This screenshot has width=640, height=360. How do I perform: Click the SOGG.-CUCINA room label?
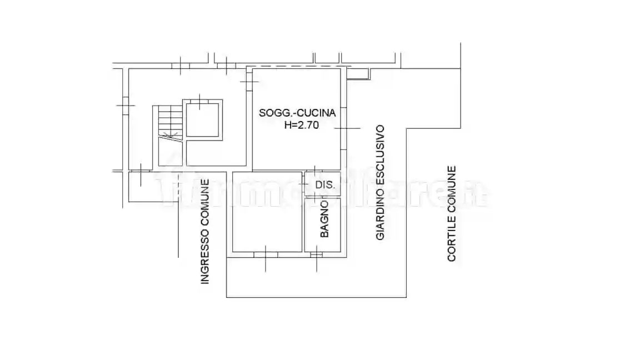[x=297, y=113]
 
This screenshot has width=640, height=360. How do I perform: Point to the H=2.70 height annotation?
[x=301, y=126]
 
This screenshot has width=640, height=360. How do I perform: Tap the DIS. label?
[x=325, y=185]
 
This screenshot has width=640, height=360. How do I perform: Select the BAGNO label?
[x=324, y=219]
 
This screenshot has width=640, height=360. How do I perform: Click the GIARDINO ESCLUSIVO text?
[x=380, y=182]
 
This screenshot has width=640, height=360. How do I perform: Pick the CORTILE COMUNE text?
[x=452, y=213]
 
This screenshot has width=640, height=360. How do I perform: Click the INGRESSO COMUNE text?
[x=205, y=232]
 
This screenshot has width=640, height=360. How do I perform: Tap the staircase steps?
[x=170, y=122]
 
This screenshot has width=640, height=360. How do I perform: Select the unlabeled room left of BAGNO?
[x=267, y=212]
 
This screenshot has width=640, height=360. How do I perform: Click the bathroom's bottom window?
[x=316, y=254]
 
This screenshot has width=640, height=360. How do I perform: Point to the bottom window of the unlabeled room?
[x=266, y=254]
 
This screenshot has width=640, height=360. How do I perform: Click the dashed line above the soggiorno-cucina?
[x=298, y=66]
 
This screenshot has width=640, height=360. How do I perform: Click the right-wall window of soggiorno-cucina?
[x=344, y=128]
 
